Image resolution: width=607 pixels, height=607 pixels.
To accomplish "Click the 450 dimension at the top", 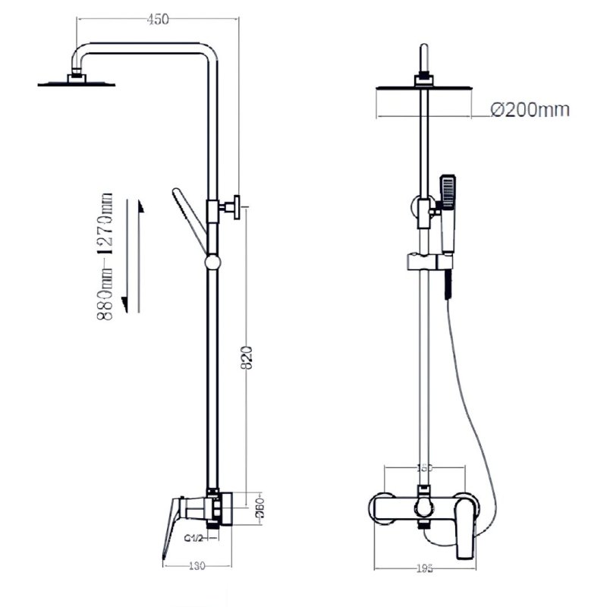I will (157, 20).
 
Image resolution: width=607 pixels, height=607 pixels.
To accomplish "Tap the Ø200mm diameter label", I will (529, 110).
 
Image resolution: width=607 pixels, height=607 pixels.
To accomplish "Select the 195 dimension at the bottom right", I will (426, 567).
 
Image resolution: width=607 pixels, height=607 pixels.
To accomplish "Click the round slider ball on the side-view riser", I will (213, 263).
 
